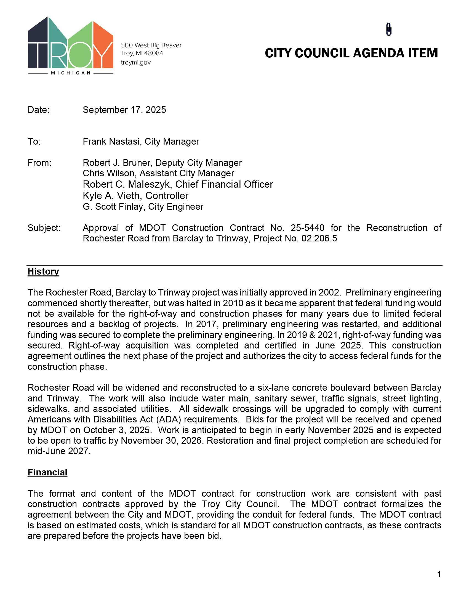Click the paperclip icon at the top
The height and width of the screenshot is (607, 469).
coord(389,30)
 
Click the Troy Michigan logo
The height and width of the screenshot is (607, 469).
coord(71,46)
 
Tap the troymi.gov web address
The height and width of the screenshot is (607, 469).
coord(135,63)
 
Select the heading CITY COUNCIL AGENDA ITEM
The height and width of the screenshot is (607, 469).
coord(351,53)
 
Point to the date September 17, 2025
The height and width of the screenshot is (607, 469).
coord(124,110)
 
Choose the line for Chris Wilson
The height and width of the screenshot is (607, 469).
coord(158,173)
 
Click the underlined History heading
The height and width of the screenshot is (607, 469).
coord(43,271)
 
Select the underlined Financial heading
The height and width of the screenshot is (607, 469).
coord(47,472)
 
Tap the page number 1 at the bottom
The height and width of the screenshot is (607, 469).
coord(439,574)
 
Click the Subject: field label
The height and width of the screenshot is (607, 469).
coord(44,228)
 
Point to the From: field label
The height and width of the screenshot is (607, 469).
coord(39,163)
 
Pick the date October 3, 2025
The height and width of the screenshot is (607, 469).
coord(117,430)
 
